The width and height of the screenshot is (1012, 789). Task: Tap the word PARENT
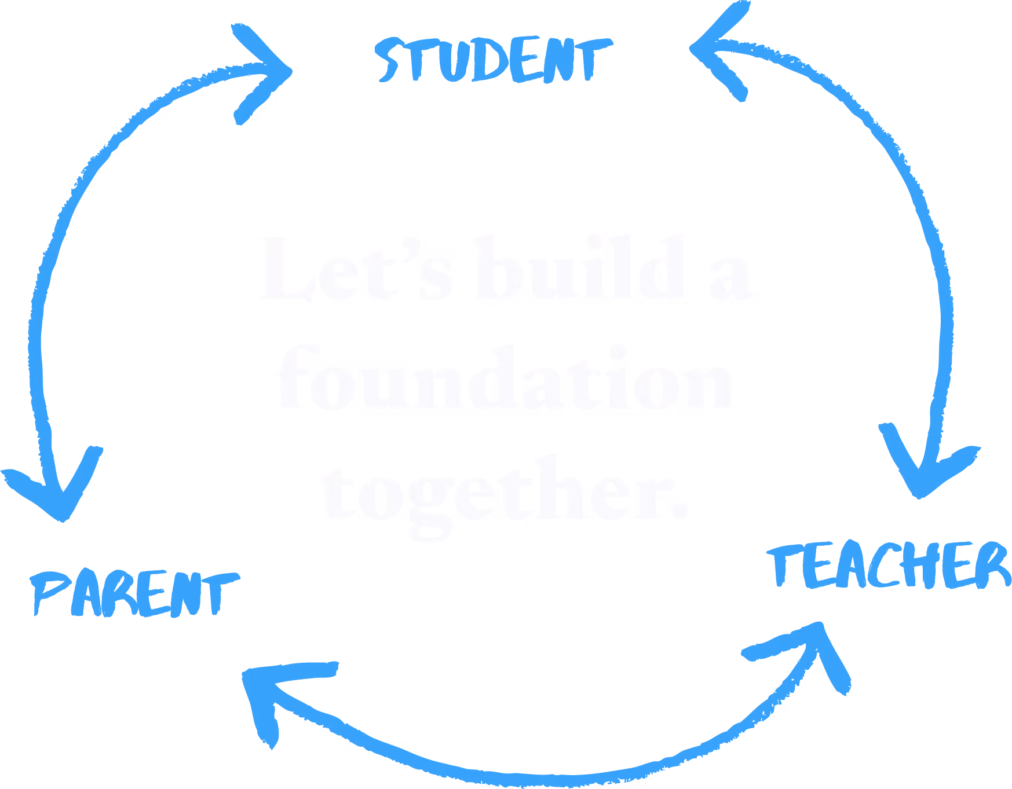tap(134, 593)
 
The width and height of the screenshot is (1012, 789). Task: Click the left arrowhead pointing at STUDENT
tap(264, 72)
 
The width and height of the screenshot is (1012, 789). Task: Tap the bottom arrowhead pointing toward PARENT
tap(272, 689)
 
